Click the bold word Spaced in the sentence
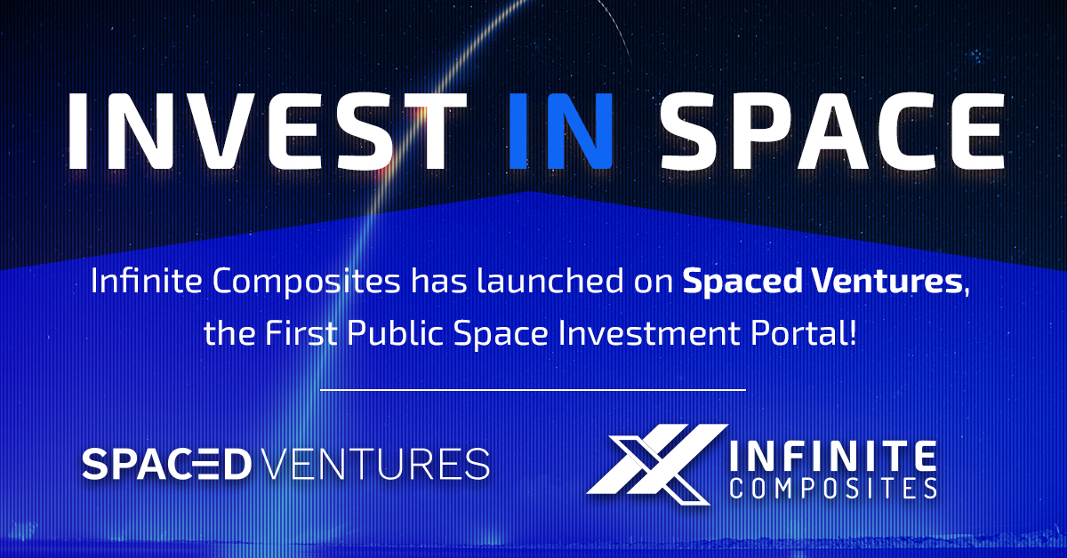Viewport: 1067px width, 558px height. click(734, 283)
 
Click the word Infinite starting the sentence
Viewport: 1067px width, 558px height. click(142, 283)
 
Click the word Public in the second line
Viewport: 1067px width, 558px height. click(397, 336)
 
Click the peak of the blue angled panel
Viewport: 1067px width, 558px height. click(531, 193)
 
